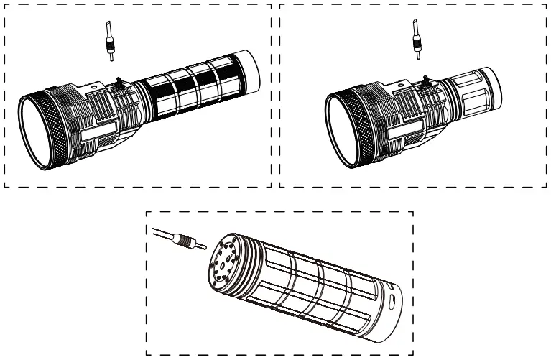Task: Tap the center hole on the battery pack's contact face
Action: click(x=223, y=264)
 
